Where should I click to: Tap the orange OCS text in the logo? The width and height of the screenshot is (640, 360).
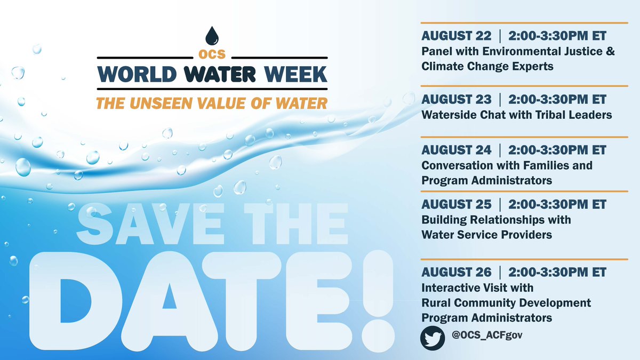click(212, 54)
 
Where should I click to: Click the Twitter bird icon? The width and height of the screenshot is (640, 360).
click(433, 338)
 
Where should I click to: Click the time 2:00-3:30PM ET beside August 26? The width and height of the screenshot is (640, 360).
click(556, 273)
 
